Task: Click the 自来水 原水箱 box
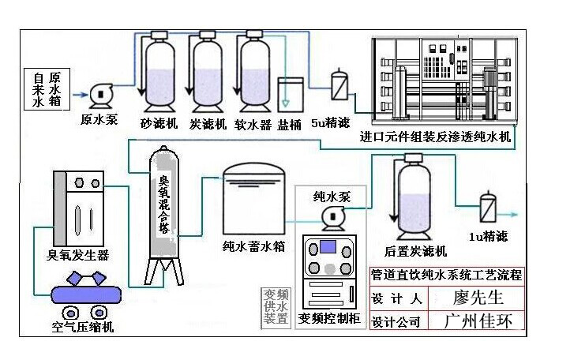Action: tap(47, 90)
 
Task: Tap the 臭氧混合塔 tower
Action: tap(165, 213)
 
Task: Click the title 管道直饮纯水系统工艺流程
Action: tap(446, 276)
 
